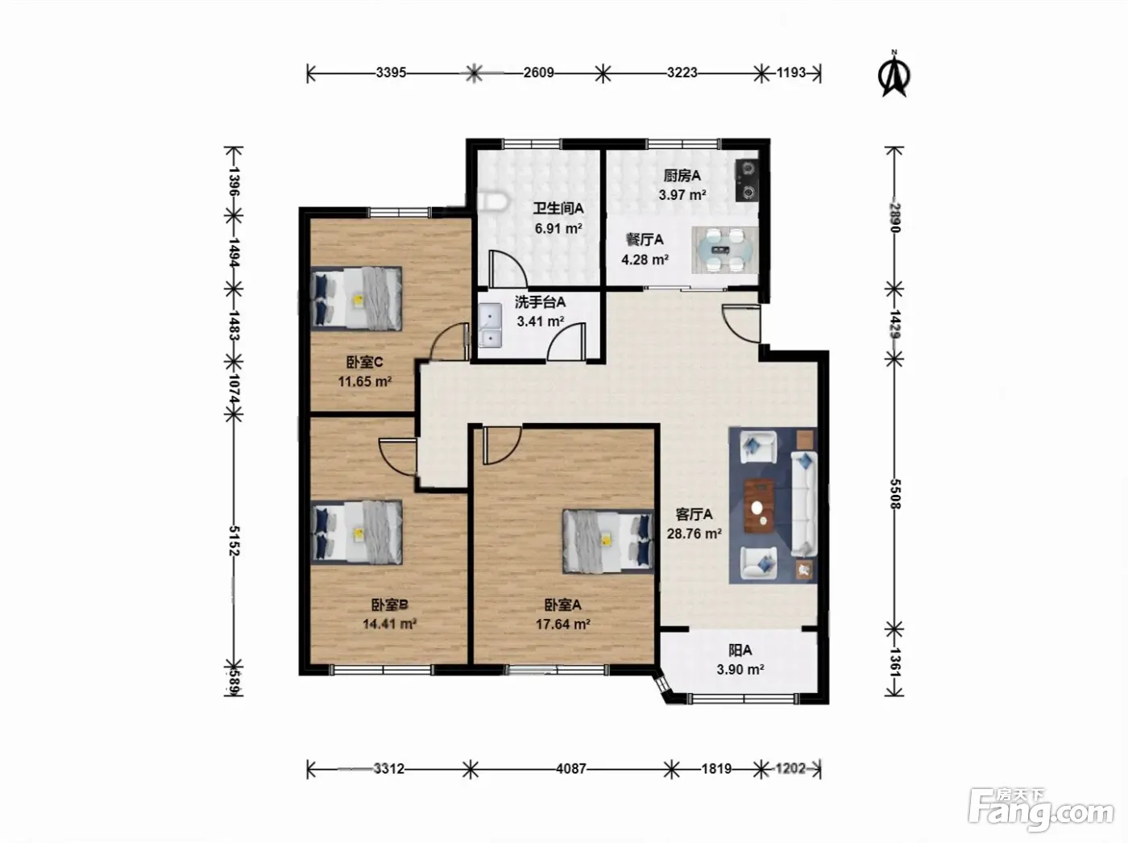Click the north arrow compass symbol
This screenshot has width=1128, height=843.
click(894, 74)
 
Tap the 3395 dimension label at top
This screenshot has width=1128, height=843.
click(391, 73)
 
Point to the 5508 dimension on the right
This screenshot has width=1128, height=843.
click(894, 494)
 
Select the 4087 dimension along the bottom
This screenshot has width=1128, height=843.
click(571, 769)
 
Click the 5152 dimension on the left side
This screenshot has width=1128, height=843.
click(234, 540)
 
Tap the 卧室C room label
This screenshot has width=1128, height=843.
click(364, 363)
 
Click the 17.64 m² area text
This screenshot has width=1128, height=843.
click(562, 624)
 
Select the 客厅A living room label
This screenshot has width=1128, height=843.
click(694, 514)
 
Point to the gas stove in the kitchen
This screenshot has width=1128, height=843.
click(746, 180)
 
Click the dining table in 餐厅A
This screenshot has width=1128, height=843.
click(724, 250)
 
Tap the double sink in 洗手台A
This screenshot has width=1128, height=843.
click(490, 326)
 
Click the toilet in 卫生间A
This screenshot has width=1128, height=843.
click(493, 201)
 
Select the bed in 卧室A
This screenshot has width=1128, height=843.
click(608, 541)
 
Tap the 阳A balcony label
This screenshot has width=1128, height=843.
click(740, 650)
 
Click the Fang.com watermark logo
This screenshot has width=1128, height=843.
click(1041, 810)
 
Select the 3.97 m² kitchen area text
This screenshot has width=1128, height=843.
click(682, 195)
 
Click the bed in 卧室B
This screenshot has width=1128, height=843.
click(357, 532)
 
